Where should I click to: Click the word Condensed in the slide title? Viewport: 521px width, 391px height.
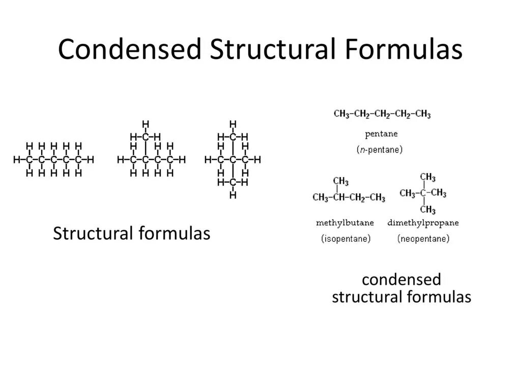pos(129,50)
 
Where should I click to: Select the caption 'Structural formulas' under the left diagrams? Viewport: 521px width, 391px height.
pos(132,234)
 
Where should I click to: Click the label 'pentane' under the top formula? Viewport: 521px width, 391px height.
pos(381,134)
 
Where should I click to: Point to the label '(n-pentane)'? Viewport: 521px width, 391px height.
pos(379,150)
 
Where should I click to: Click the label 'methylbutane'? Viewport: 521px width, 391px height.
pos(345,223)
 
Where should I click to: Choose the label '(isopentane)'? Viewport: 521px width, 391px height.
pos(346,238)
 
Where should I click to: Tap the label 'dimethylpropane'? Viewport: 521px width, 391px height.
pos(423,223)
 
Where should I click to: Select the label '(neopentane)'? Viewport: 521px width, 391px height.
pos(423,238)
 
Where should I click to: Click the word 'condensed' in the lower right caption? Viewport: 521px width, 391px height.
pos(401,280)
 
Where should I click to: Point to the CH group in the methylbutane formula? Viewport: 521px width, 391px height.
pos(339,198)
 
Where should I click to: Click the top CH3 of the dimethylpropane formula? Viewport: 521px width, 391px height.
pos(427,178)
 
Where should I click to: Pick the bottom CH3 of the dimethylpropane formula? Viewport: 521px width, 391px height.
pos(427,209)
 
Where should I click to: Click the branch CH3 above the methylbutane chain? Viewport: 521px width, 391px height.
pos(341,182)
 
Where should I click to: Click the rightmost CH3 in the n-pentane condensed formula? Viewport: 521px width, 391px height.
pos(422,114)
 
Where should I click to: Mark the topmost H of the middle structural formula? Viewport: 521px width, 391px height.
pos(146,124)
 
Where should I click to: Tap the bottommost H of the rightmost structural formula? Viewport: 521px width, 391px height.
pos(233,195)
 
